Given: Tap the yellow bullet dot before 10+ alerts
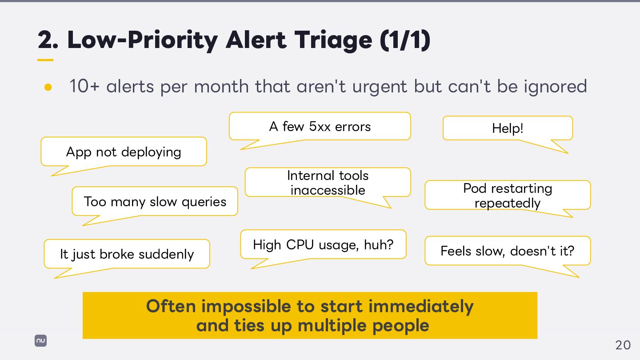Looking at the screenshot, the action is tap(48, 87).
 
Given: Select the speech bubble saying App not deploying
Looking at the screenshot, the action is tap(124, 152).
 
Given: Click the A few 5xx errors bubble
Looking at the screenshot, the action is tap(320, 127).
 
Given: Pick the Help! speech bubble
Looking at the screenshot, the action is tap(508, 128).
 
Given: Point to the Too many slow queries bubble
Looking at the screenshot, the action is tap(155, 202).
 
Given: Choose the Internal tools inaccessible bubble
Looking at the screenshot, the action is tap(328, 183).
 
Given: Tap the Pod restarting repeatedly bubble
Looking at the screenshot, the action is tap(508, 196).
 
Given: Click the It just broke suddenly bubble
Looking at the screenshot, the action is tap(127, 254).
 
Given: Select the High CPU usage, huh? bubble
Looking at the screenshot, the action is tap(323, 244).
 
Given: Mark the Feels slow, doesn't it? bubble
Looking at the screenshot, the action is tap(508, 251).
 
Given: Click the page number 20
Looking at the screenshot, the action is tap(623, 345).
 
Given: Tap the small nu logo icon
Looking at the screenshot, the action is tap(41, 341).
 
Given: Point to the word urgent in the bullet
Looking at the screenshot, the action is tap(380, 86).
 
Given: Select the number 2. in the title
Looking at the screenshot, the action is tap(48, 40).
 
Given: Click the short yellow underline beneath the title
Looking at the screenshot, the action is tap(45, 60).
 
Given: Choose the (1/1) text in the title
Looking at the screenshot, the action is tap(405, 40).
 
